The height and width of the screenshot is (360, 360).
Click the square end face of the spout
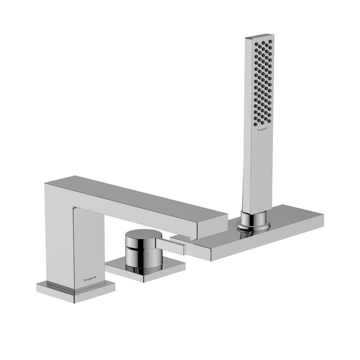click(212, 226)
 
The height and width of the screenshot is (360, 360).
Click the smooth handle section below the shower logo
click(260, 173)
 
